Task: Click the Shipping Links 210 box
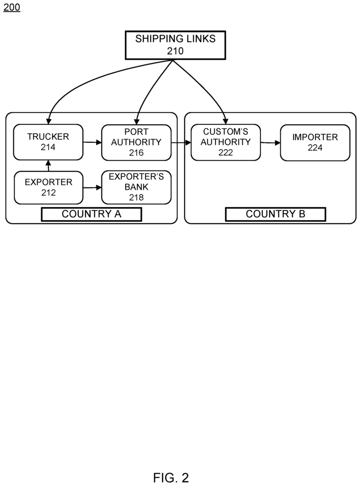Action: tap(175, 45)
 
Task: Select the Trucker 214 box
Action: tap(48, 142)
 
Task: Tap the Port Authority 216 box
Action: tap(136, 142)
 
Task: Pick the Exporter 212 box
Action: tap(48, 187)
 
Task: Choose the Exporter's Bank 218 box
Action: tap(136, 187)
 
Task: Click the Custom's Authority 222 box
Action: tap(226, 142)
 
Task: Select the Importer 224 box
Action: tap(315, 142)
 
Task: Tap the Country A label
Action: tap(92, 214)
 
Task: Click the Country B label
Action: tap(276, 214)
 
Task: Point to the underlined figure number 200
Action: tap(12, 7)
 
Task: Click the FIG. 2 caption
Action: tap(171, 477)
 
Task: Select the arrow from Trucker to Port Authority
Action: tap(92, 142)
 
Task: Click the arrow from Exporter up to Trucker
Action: tap(48, 166)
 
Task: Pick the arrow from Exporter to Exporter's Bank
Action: tap(92, 187)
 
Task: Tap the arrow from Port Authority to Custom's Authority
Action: tap(181, 142)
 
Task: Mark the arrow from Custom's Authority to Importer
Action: tap(270, 143)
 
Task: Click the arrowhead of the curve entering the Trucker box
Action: tap(49, 121)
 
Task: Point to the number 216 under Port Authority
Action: tap(136, 152)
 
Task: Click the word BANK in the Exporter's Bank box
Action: tap(136, 187)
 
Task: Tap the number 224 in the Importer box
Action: tap(315, 148)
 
